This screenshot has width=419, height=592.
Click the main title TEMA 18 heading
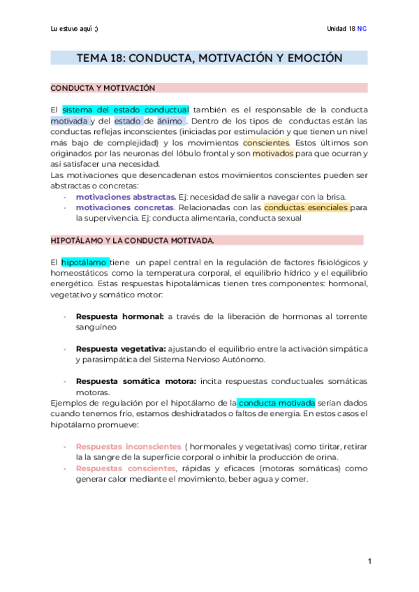coord(209,58)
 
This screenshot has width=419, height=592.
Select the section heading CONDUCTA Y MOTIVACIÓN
coord(103,88)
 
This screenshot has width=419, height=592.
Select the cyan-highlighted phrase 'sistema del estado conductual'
coord(126,110)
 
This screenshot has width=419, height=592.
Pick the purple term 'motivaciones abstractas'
coord(126,197)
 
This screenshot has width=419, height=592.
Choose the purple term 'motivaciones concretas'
coord(124,207)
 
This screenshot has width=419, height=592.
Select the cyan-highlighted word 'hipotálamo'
coord(84,262)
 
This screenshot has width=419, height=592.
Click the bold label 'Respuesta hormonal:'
coord(119,316)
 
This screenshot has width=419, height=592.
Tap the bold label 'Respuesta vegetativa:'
coord(121,348)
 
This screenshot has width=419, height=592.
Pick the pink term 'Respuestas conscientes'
coord(126,468)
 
